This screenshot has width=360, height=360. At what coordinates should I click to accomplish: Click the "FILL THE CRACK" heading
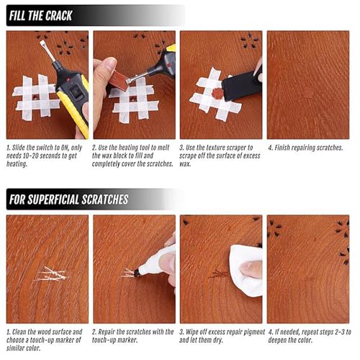coord(40,16)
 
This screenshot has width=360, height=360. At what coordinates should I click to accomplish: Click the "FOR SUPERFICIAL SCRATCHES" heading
coord(68,199)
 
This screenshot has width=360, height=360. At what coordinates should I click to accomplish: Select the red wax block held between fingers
coord(120,81)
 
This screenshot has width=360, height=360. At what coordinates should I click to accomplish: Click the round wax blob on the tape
coord(217,94)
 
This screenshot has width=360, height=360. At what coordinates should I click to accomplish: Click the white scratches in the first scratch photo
coord(52,274)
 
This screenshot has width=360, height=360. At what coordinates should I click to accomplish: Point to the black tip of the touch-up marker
coord(138,272)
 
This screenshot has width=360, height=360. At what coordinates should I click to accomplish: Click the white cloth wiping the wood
coord(246,270)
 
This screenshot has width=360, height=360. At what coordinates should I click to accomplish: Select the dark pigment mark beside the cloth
coord(219,274)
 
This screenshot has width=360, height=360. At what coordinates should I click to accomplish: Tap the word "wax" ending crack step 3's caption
coord(185,164)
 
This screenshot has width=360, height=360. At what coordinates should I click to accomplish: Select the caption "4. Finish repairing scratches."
coord(305,148)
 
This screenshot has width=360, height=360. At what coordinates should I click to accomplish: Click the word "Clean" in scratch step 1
coord(19,332)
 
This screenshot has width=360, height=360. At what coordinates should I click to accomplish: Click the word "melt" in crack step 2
coord(163,148)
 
